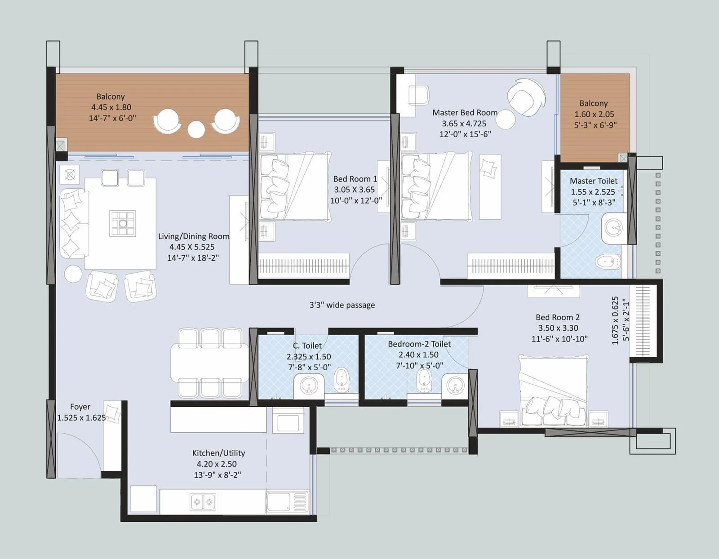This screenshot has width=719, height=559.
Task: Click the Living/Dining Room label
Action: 194,236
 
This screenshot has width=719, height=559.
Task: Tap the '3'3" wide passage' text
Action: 342,305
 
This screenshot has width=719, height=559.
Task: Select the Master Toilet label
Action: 593,181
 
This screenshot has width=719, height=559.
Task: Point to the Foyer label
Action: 80,407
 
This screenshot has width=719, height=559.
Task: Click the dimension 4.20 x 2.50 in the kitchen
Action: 217,464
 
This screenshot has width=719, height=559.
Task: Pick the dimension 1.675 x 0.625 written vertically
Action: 615,320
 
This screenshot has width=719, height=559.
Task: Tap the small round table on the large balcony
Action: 196,129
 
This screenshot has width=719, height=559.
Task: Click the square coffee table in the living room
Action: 122,223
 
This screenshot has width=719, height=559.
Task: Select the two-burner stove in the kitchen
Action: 203,501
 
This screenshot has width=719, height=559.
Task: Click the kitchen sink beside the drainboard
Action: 279,501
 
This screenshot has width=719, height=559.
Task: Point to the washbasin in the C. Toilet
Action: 309,386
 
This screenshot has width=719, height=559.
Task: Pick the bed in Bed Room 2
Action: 554,391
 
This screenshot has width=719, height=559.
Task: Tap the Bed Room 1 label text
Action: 355,179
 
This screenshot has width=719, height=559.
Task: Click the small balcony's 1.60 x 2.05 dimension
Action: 594,114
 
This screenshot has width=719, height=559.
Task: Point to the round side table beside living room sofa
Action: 73,274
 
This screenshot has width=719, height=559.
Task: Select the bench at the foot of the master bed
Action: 490,186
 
